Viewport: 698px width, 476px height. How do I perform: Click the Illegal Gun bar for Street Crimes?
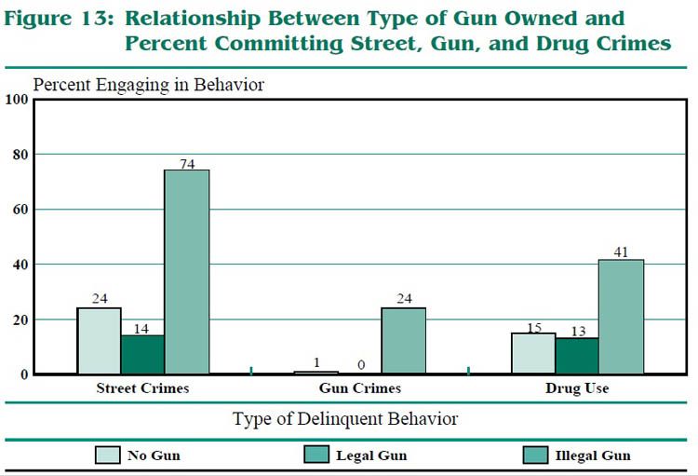(x=187, y=272)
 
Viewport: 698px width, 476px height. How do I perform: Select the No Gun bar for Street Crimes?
(x=99, y=341)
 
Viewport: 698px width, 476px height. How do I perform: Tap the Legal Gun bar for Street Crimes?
(x=142, y=355)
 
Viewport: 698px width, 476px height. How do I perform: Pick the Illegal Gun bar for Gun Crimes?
(x=403, y=341)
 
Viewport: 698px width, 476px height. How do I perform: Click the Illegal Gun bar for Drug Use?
(x=621, y=317)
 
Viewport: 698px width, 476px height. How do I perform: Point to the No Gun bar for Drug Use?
(x=532, y=353)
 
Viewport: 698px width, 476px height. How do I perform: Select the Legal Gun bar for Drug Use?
(x=577, y=356)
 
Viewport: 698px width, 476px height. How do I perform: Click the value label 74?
(x=187, y=163)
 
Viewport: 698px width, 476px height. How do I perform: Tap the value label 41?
(x=622, y=252)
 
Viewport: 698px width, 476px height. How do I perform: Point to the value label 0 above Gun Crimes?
(x=359, y=365)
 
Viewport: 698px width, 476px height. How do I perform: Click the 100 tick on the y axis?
(x=16, y=100)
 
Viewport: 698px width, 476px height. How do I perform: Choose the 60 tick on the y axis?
(x=20, y=210)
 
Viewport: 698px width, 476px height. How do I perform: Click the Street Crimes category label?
(x=142, y=388)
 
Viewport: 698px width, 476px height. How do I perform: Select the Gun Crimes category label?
(x=359, y=388)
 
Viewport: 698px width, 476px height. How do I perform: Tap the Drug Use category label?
(x=577, y=388)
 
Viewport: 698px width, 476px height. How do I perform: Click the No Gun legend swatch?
(x=108, y=456)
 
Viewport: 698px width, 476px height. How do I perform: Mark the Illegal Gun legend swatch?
(x=537, y=456)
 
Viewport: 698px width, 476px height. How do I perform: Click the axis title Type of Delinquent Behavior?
(x=344, y=419)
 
